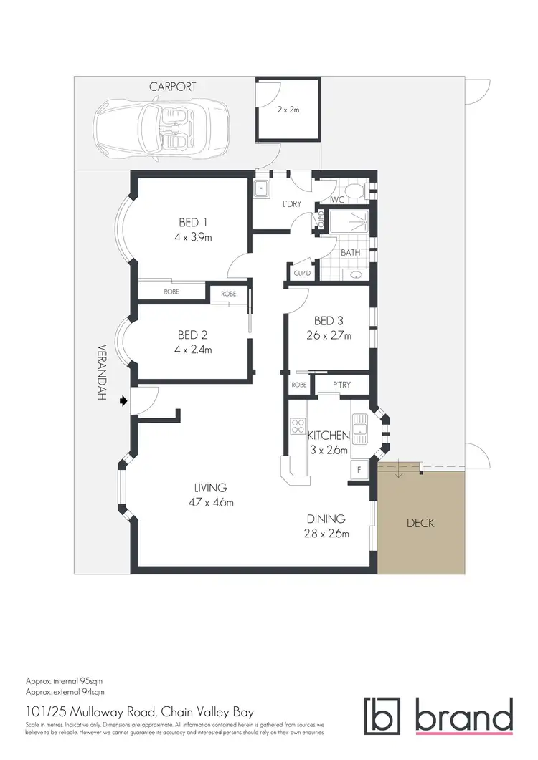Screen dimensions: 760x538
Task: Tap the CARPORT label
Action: point(173,87)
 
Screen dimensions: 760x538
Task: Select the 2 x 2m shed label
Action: point(288,110)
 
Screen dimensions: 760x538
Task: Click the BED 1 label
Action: point(193,223)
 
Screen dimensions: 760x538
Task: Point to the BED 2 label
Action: point(193,335)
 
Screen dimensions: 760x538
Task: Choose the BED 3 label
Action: point(329,321)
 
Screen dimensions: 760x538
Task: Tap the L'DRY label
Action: point(292,204)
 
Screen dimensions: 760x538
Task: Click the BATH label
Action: point(350,252)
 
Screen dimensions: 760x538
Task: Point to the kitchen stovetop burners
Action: point(298,427)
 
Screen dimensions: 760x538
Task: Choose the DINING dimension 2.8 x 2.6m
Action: point(326,534)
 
